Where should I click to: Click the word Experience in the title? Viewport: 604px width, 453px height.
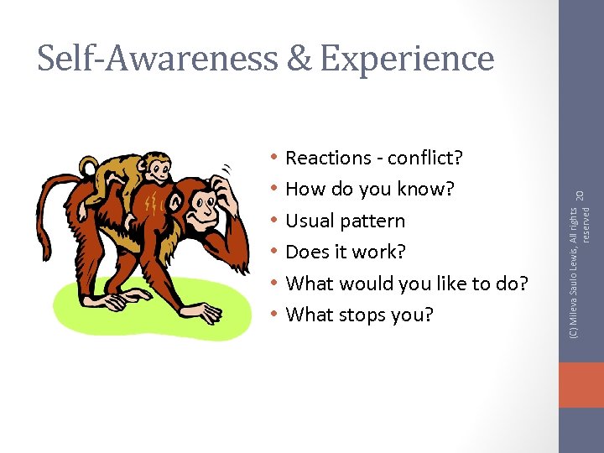coord(407,59)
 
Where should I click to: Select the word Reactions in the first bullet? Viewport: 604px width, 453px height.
coord(328,158)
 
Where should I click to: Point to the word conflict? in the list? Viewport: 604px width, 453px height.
coord(427,158)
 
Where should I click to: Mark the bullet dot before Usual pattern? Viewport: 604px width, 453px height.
coord(275,221)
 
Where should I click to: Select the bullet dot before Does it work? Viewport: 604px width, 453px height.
coord(275,252)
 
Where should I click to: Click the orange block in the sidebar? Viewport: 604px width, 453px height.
coord(581,385)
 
